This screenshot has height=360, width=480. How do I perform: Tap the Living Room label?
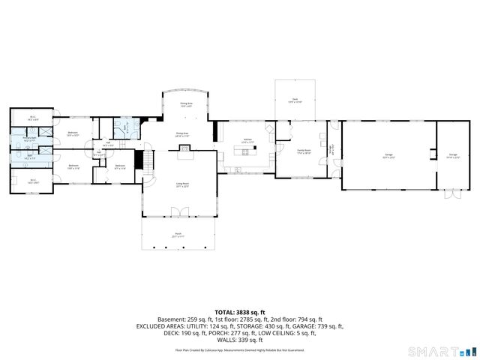182,184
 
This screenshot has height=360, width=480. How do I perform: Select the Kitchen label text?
247,140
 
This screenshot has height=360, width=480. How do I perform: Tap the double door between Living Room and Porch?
178,215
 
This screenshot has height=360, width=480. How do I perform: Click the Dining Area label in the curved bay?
185,106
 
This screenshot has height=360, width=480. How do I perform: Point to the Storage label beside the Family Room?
331,148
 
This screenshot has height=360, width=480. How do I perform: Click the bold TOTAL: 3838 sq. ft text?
240,312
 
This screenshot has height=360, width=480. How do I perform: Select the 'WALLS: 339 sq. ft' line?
240,340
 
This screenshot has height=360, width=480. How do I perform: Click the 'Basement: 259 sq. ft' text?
183,319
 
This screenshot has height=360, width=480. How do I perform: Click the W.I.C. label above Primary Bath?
33,117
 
